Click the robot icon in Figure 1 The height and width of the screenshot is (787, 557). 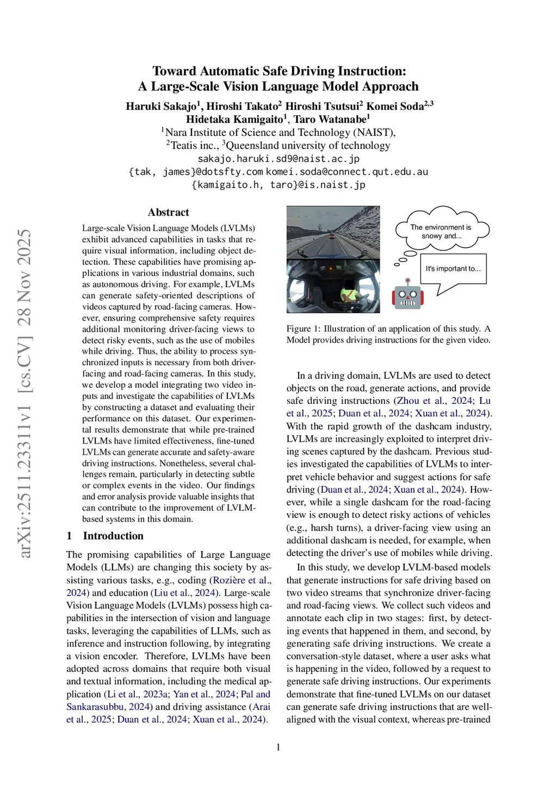pyautogui.click(x=407, y=295)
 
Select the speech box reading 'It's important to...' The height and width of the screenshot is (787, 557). pyautogui.click(x=453, y=268)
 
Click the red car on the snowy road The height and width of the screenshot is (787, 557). pyautogui.click(x=331, y=236)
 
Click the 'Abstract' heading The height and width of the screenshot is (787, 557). pyautogui.click(x=168, y=213)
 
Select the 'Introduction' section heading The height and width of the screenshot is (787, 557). pyautogui.click(x=113, y=536)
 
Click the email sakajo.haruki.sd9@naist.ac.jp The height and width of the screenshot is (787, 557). pyautogui.click(x=278, y=159)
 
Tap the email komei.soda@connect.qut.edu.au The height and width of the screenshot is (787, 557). pyautogui.click(x=347, y=172)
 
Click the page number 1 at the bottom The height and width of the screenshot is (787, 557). pyautogui.click(x=278, y=747)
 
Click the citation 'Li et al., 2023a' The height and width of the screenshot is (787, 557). pyautogui.click(x=138, y=694)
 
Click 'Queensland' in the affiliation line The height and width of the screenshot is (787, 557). pyautogui.click(x=254, y=146)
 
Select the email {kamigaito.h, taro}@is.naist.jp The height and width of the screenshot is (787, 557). pyautogui.click(x=278, y=185)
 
